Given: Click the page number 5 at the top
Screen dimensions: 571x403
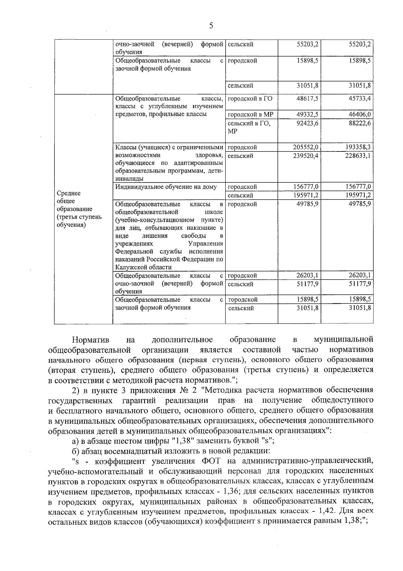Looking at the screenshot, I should pyautogui.click(x=211, y=26).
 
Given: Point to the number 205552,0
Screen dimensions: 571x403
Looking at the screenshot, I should pyautogui.click(x=305, y=147).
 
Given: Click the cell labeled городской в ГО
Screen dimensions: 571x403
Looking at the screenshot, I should pyautogui.click(x=250, y=99).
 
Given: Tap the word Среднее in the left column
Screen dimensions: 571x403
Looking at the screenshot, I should pyautogui.click(x=69, y=193).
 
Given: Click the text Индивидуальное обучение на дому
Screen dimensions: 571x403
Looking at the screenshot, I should pyautogui.click(x=166, y=187).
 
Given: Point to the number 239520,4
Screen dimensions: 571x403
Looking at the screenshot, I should pyautogui.click(x=305, y=156).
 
